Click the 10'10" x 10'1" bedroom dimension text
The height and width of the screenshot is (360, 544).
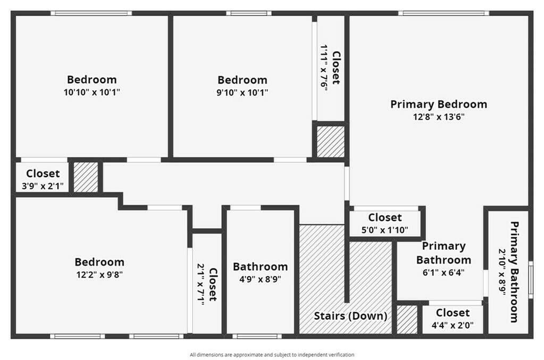[x=91, y=92]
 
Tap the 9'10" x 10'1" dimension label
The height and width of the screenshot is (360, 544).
[x=242, y=93]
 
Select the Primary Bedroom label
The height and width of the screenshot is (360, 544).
[x=439, y=104]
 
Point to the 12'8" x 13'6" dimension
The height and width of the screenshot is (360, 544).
[x=439, y=117]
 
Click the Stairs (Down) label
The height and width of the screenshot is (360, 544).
[x=350, y=316]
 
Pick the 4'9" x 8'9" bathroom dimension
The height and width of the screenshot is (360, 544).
[x=260, y=279]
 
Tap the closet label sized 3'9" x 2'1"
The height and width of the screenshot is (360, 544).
[x=43, y=173]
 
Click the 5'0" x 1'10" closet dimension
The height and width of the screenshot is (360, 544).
[x=385, y=230]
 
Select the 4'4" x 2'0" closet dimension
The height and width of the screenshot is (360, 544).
[x=453, y=325]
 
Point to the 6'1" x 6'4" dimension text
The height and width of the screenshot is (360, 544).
[x=443, y=273]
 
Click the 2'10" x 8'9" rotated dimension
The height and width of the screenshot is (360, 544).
[x=502, y=272]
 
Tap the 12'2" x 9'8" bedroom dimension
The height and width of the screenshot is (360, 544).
[x=99, y=275]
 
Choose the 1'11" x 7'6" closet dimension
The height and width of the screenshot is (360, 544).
[x=324, y=68]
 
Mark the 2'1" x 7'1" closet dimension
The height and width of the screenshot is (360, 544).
[x=201, y=284]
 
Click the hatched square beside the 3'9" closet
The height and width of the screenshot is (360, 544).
[x=86, y=177]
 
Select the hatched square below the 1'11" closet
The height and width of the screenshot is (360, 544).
[x=331, y=141]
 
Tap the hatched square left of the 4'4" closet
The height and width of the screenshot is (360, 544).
[x=407, y=320]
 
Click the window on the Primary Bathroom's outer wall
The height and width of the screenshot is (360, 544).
[x=531, y=280]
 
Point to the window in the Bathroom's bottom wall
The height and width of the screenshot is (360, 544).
[x=257, y=336]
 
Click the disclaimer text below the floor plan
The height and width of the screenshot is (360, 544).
[x=272, y=355]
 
